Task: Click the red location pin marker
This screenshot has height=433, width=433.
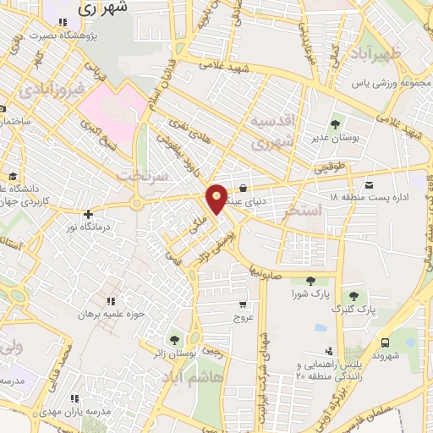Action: (217, 198)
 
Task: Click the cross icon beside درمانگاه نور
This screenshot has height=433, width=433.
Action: (88, 214)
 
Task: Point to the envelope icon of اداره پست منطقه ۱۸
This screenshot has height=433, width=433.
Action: (368, 184)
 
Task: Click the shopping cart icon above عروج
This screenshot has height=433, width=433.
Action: (244, 304)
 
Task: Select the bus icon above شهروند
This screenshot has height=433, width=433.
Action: (386, 343)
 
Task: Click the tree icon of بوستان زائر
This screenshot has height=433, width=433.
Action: (174, 340)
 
